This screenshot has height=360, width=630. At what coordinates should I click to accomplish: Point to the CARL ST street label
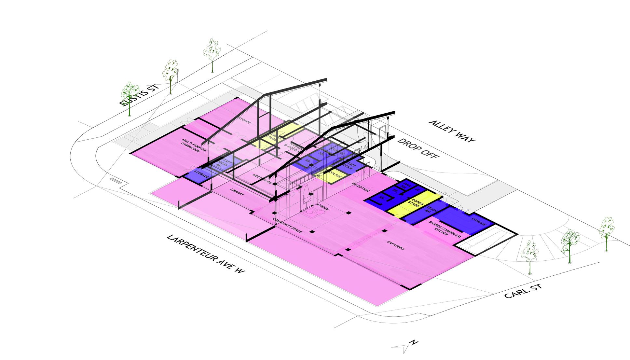pyautogui.click(x=523, y=291)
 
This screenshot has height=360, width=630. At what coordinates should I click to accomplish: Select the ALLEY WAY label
pyautogui.click(x=452, y=131)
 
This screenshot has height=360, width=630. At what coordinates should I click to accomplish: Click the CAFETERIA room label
pyautogui.click(x=396, y=245)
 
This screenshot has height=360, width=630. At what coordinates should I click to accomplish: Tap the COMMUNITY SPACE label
pyautogui.click(x=287, y=225)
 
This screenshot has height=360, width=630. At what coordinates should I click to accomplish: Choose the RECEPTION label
pyautogui.click(x=361, y=187)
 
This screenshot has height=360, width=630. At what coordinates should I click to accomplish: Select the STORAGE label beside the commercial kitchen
pyautogui.click(x=479, y=222)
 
